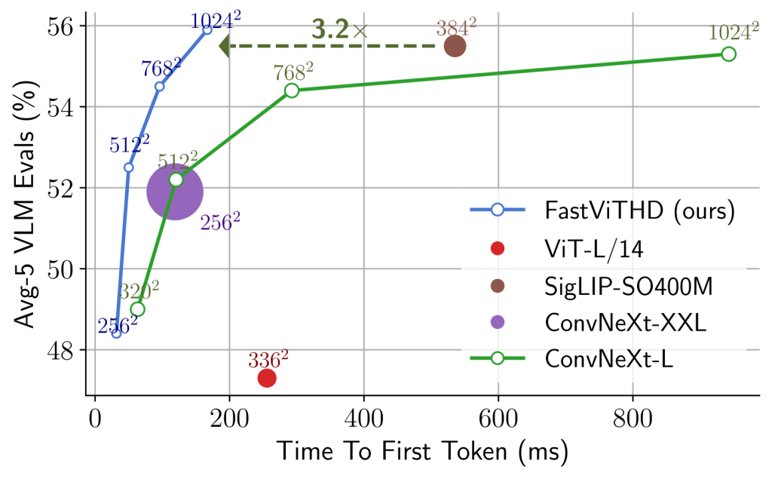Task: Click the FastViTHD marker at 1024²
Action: (x=207, y=29)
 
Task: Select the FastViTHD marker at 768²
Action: (x=159, y=86)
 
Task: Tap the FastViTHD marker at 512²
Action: (x=128, y=167)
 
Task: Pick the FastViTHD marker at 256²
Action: (x=116, y=333)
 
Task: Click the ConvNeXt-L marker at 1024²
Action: (x=728, y=54)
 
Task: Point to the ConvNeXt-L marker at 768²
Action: (x=292, y=91)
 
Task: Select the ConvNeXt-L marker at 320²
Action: (x=136, y=309)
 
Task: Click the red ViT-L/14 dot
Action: (x=267, y=378)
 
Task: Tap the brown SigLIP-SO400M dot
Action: (x=455, y=46)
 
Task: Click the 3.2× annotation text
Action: (x=339, y=30)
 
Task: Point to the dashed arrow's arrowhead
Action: (x=224, y=46)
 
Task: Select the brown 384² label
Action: (x=456, y=27)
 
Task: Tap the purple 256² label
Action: (x=220, y=222)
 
